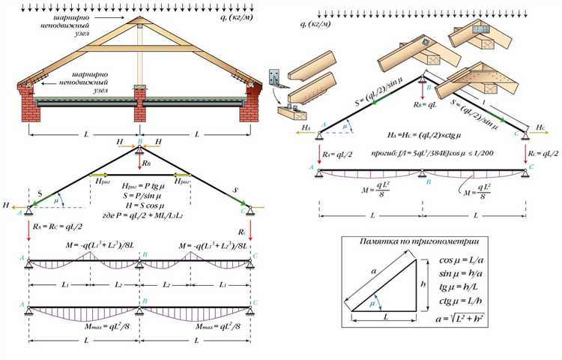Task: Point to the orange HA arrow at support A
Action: click(x=306, y=129)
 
